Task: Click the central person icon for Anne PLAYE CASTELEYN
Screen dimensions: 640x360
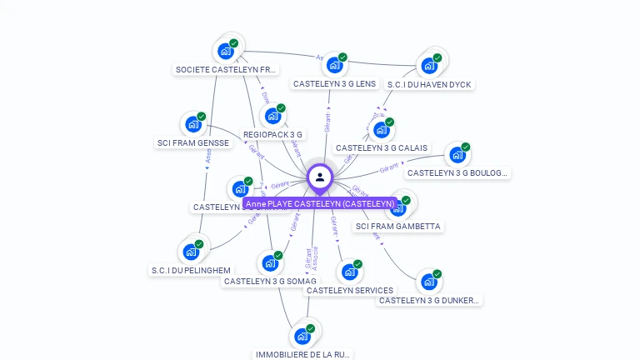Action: [x=320, y=177]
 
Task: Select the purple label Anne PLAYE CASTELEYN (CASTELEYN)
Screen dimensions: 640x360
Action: [x=320, y=203]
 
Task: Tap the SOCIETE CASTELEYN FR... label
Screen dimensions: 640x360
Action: [x=226, y=70]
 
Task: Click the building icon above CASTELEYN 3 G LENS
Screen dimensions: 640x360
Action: [x=334, y=65]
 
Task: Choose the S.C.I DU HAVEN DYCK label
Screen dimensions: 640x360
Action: [x=429, y=84]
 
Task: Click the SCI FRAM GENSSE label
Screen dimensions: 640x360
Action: [x=192, y=142]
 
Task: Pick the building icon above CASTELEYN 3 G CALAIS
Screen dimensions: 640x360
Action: [x=381, y=130]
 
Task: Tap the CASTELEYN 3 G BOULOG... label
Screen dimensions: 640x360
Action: [x=457, y=172]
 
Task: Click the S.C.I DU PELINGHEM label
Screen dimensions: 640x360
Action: [x=191, y=270]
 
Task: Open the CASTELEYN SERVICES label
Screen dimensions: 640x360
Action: [x=350, y=290]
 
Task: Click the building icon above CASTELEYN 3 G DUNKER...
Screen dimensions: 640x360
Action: [x=428, y=282]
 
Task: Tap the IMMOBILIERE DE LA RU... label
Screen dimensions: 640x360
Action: [x=303, y=354]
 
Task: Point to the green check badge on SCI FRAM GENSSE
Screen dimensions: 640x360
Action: [x=201, y=117]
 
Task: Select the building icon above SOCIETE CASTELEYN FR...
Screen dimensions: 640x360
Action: [x=225, y=51]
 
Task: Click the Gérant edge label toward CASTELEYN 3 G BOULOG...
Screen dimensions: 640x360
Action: [x=389, y=168]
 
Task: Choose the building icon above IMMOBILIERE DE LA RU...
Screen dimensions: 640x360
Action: [x=302, y=336]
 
